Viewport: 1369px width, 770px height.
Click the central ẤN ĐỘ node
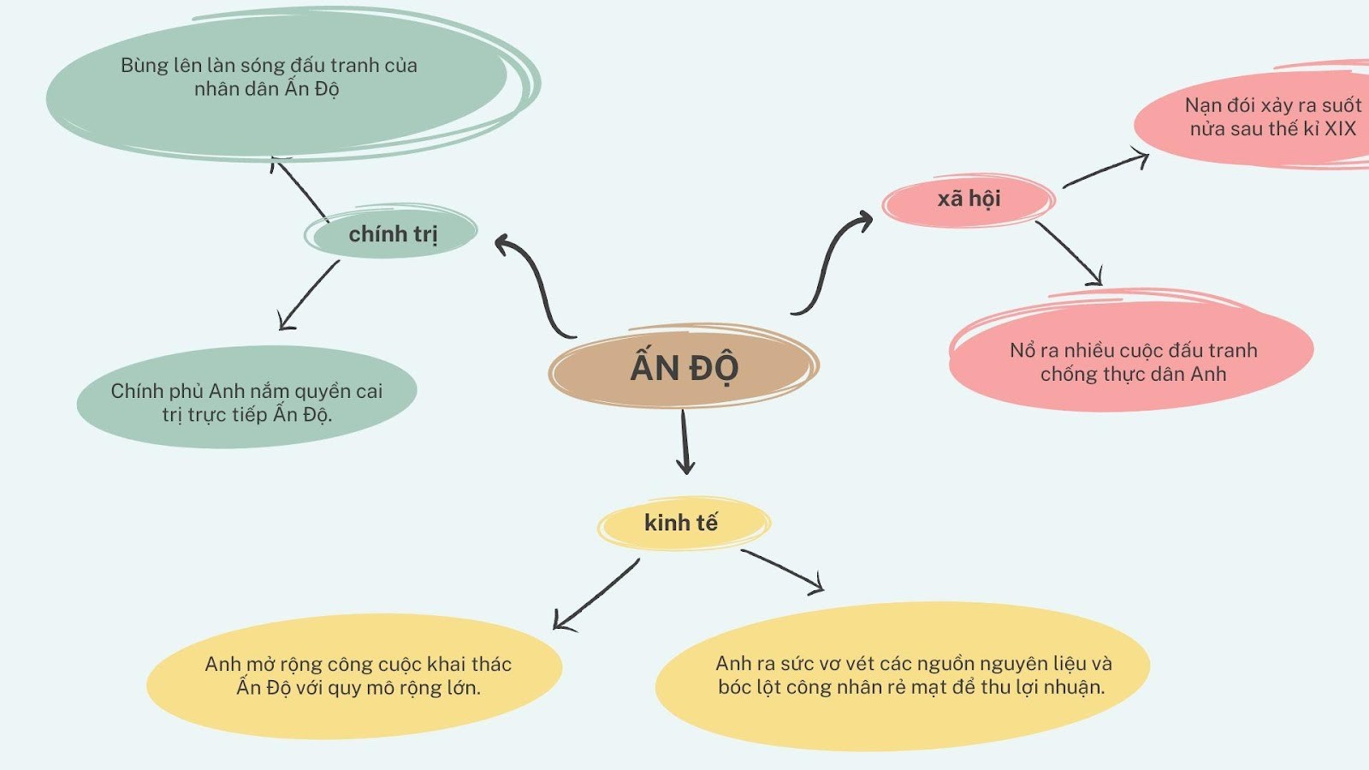coord(684,367)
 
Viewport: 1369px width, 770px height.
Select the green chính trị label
coord(393,233)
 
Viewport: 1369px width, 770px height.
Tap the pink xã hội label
coord(969,199)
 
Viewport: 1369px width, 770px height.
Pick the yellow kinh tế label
coord(681,523)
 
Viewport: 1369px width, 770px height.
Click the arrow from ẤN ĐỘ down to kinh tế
coord(684,441)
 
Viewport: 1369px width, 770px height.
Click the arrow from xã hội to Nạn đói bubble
coord(1105,169)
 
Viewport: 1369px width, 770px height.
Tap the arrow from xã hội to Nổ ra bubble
coord(1069,253)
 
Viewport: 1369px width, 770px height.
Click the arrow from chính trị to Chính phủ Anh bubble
coord(309,295)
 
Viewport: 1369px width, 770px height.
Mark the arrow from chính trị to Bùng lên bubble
coord(300,189)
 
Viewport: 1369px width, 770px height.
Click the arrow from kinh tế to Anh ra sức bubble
coord(783,571)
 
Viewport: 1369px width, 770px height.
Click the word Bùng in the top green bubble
coord(145,66)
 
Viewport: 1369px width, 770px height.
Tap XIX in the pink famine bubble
coord(1340,129)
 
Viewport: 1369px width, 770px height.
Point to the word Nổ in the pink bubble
coord(1022,351)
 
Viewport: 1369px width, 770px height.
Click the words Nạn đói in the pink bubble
coord(1220,105)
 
